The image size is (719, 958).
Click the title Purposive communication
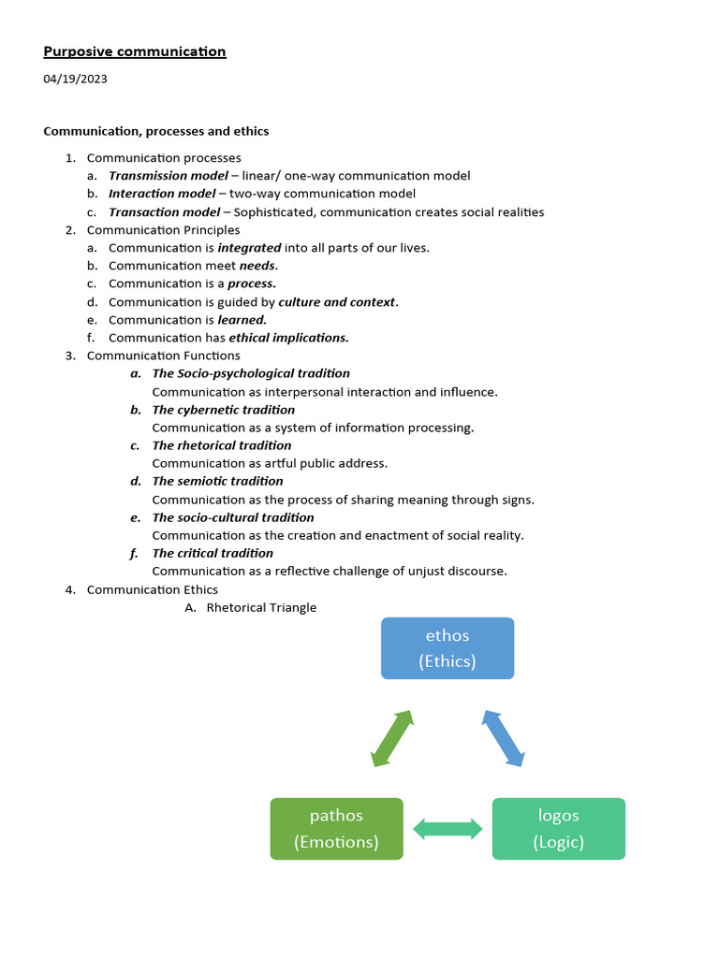point(135,51)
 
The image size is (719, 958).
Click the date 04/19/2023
point(75,79)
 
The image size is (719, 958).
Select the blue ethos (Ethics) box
point(448,647)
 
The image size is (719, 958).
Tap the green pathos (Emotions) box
point(336,828)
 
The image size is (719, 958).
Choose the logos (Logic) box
point(558,828)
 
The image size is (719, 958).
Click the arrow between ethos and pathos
point(392,738)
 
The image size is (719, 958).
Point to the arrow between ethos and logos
point(504,738)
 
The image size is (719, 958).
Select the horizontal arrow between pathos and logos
point(448,828)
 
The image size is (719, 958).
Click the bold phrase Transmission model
point(169,176)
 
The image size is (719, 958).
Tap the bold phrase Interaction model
point(161,194)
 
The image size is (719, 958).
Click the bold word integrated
point(249,248)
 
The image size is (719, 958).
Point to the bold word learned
point(242,320)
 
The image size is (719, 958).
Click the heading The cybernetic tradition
point(223,410)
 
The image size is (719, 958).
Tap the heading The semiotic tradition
point(217,481)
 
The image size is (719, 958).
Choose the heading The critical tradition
point(213,553)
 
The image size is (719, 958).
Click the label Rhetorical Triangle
point(261,607)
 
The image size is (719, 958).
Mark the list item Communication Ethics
point(152,589)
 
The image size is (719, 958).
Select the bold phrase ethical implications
point(288,338)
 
